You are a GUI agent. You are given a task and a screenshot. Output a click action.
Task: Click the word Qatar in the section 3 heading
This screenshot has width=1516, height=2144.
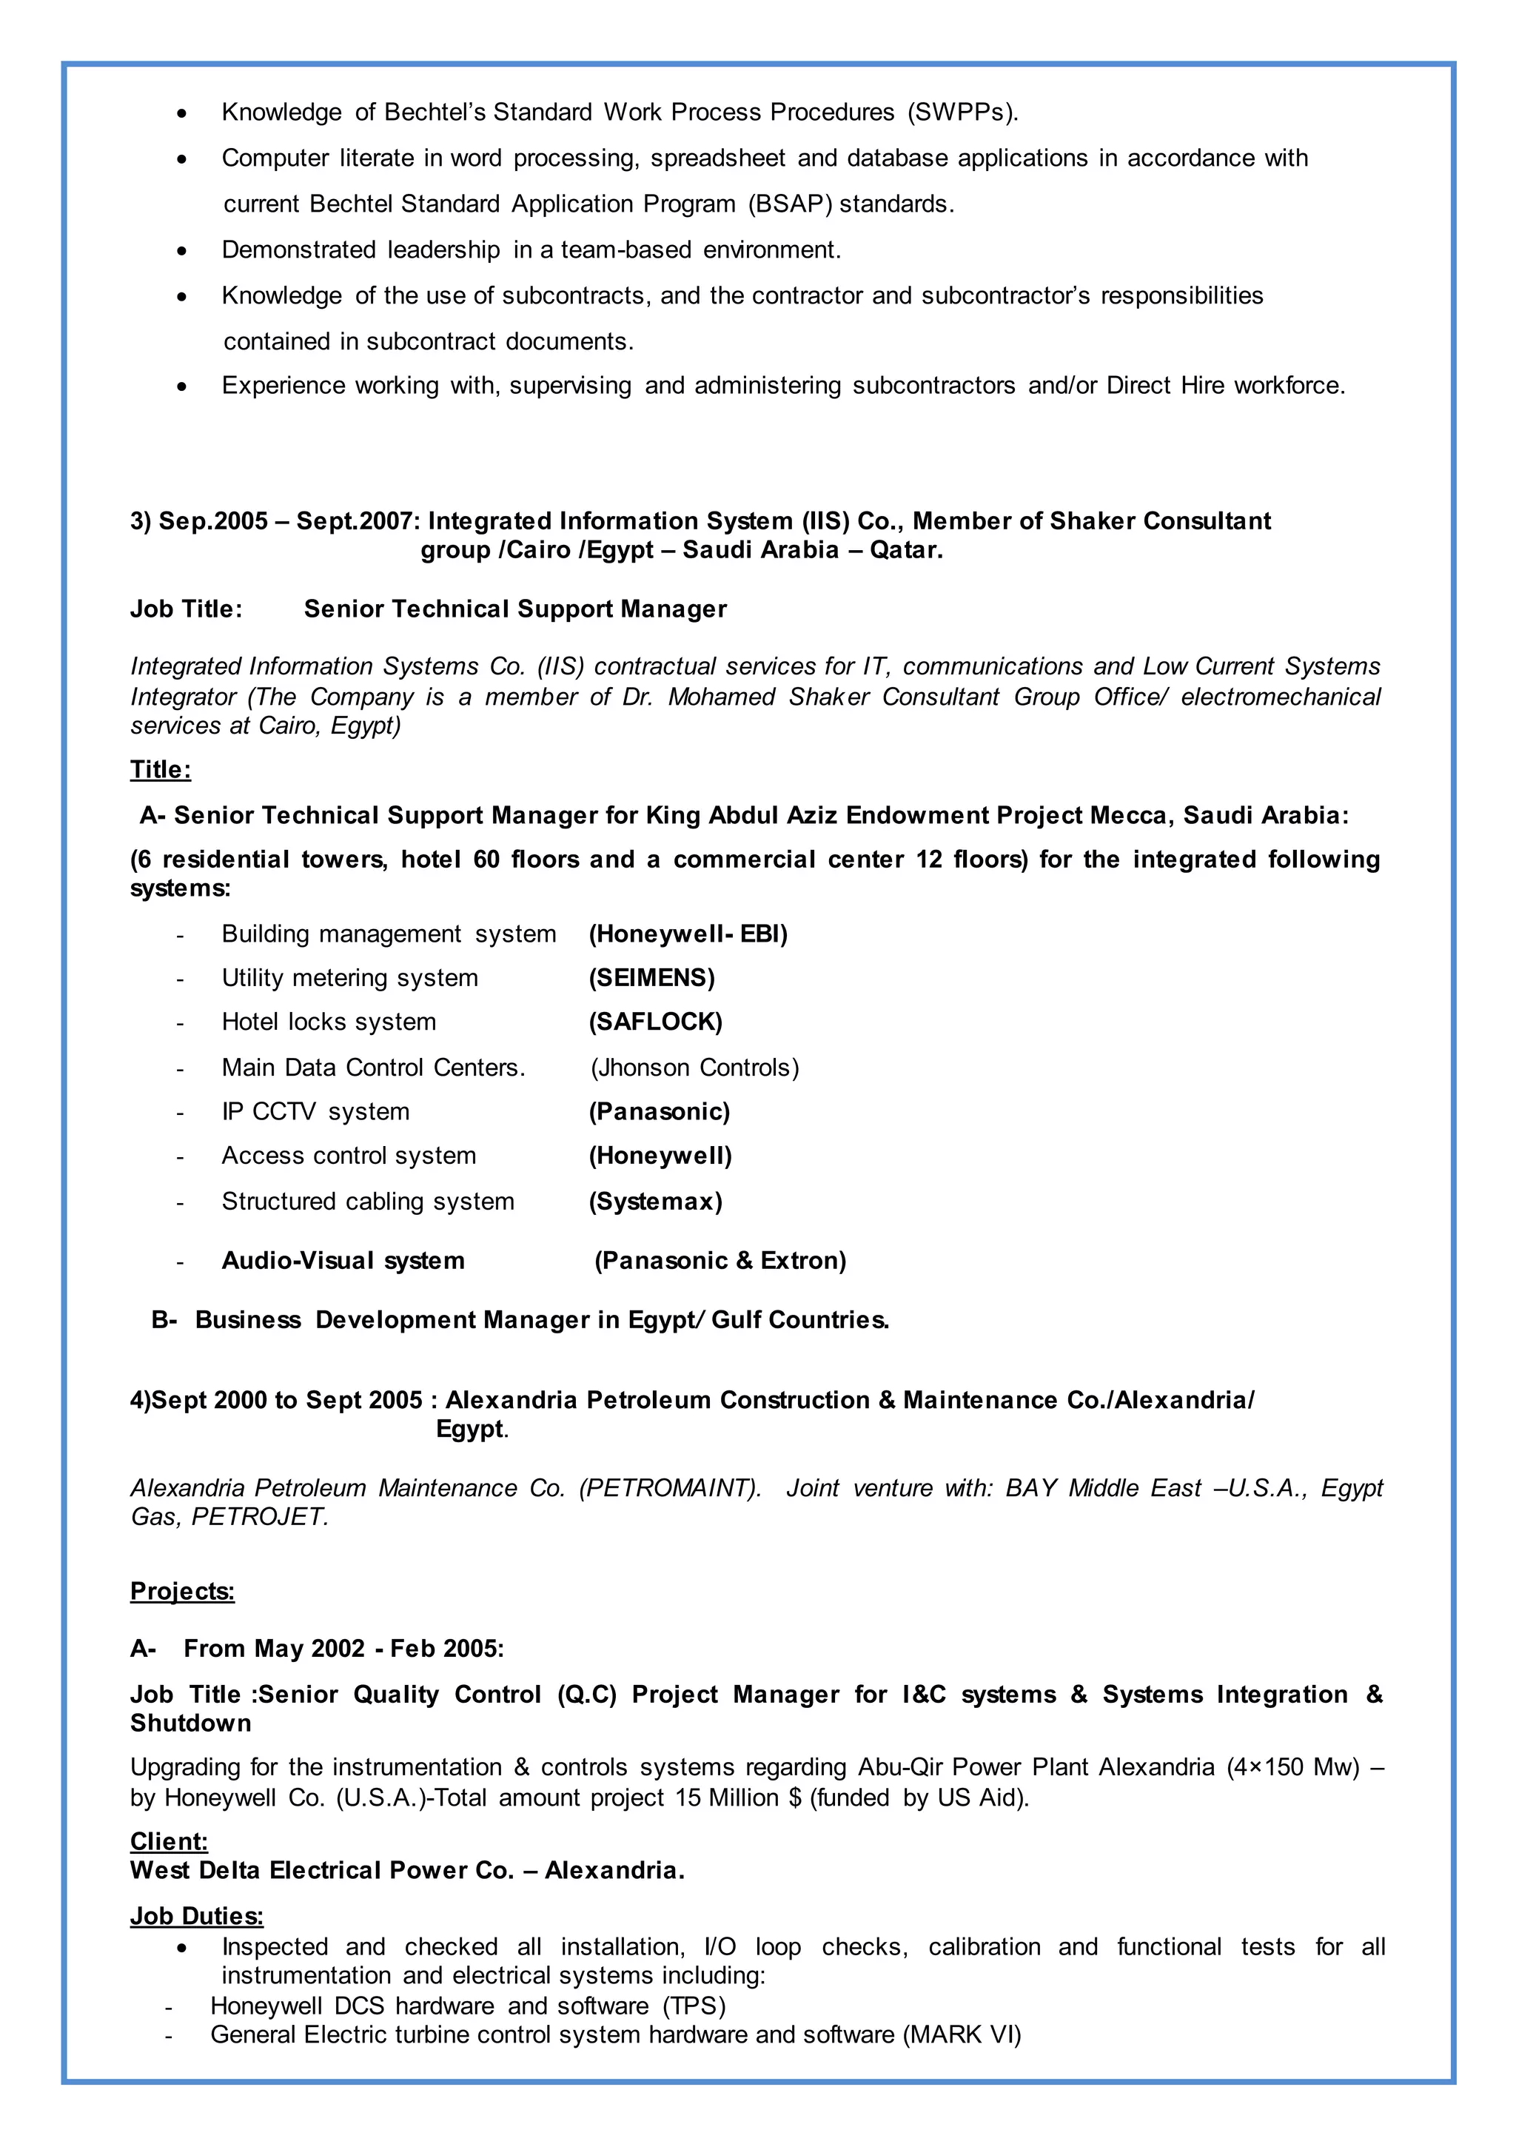click(x=905, y=549)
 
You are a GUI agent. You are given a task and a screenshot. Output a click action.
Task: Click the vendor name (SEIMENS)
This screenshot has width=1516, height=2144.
click(x=651, y=978)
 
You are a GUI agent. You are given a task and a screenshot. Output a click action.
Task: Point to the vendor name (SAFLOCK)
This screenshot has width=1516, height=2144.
click(x=655, y=1022)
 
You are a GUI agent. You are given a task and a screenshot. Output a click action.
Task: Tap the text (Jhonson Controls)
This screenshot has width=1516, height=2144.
click(x=694, y=1068)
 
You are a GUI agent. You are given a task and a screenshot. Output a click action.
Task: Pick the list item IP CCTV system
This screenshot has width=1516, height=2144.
click(x=315, y=1111)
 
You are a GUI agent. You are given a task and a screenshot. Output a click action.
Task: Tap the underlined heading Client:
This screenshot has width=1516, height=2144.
click(x=169, y=1840)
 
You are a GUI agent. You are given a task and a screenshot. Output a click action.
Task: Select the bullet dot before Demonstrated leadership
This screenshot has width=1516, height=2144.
click(x=182, y=251)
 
